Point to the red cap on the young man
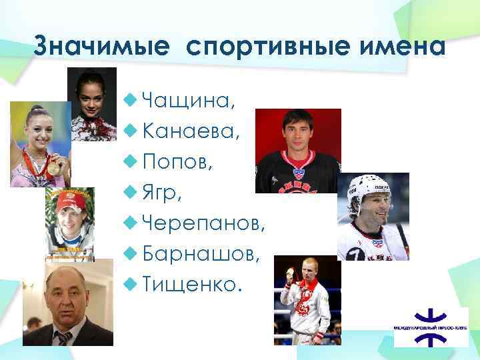[x=70, y=201]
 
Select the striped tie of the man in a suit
[x=65, y=336]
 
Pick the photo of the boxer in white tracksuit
[x=307, y=300]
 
